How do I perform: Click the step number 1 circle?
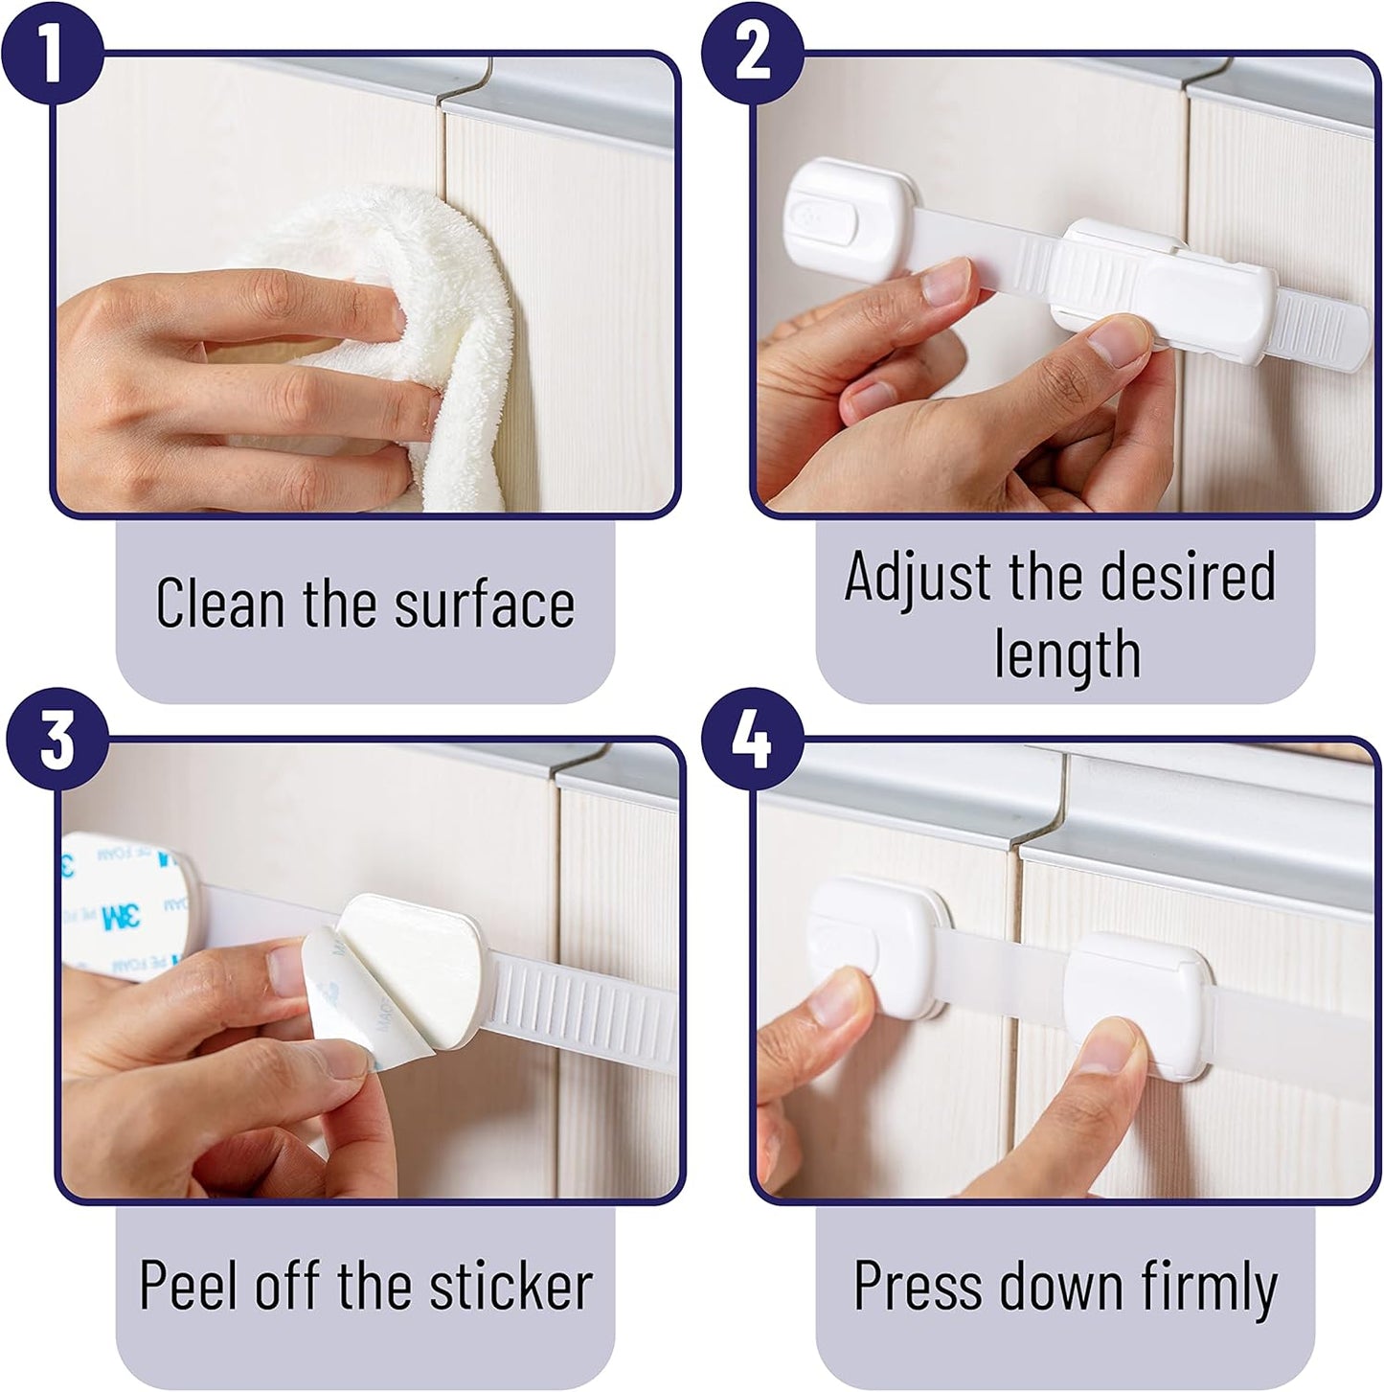tap(52, 52)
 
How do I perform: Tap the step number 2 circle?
tap(753, 52)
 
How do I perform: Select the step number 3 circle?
tap(57, 739)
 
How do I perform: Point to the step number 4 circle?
tap(753, 739)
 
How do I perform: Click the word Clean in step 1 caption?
tap(220, 603)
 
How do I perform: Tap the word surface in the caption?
tap(485, 604)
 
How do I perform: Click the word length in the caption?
tap(1067, 653)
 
